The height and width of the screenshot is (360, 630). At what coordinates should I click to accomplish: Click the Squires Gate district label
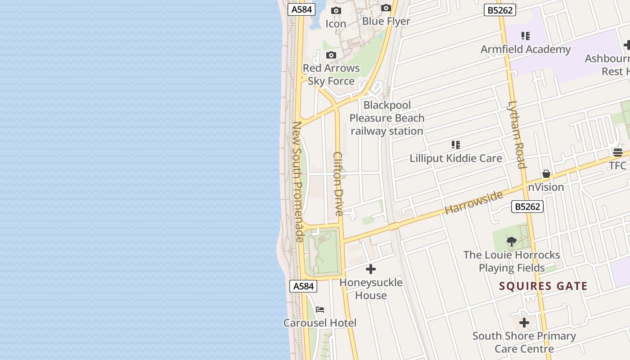543,286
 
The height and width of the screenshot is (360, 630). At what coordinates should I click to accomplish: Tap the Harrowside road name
473,202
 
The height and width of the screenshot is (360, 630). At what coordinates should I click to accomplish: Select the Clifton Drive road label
338,184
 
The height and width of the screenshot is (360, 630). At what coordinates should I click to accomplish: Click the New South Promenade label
297,182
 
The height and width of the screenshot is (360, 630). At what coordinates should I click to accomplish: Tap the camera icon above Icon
336,10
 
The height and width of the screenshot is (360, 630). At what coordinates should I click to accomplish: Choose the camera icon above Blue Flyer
386,8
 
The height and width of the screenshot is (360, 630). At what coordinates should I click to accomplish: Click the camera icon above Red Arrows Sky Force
331,55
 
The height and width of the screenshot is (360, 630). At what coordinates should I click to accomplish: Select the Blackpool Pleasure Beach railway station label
387,118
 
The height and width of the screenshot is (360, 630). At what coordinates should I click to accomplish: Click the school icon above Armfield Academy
525,36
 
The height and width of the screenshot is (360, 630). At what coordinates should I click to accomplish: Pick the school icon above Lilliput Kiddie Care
456,145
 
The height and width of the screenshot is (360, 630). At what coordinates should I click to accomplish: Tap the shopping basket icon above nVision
546,174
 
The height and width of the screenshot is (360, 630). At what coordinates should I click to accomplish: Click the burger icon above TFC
617,153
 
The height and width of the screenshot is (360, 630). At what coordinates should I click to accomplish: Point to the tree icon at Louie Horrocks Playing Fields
512,242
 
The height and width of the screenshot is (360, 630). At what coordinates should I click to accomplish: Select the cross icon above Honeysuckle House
371,269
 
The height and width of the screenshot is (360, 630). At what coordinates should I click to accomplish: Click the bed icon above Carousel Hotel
320,310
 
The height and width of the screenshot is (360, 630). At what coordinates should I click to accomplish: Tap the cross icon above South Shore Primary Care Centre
524,323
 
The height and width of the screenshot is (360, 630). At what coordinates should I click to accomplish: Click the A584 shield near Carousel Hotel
303,286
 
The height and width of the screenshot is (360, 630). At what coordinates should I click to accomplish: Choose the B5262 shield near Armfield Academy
500,10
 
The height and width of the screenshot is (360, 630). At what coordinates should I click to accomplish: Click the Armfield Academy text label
526,49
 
